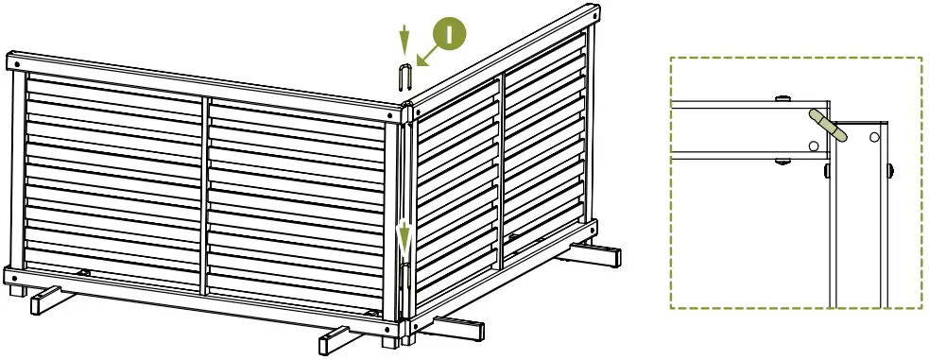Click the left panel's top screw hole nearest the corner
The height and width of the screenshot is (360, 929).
pos(388,112)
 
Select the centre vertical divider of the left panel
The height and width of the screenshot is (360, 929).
pos(204,189)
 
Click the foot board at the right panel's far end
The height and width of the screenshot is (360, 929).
pos(595,253)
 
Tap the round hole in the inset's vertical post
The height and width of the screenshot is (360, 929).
pos(874,137)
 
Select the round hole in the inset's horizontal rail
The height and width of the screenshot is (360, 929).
pos(813,146)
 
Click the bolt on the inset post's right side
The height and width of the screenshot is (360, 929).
pos(892,171)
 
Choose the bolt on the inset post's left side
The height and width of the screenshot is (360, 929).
pos(826,171)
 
